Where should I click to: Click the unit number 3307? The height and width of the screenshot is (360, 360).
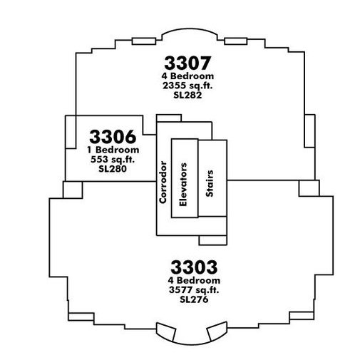click(187, 63)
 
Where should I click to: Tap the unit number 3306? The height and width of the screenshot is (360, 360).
click(113, 137)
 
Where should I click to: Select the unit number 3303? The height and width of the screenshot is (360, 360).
click(194, 267)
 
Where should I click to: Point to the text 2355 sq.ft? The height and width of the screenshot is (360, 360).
click(187, 86)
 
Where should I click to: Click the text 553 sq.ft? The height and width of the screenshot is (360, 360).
click(113, 159)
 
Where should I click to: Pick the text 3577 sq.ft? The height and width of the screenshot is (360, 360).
click(194, 290)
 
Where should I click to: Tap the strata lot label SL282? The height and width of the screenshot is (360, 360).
click(187, 95)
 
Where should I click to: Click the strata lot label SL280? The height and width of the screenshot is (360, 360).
click(113, 169)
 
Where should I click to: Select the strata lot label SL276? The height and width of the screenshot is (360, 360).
click(194, 299)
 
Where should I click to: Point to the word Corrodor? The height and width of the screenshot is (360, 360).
click(163, 182)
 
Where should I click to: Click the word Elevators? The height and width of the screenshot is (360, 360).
click(183, 185)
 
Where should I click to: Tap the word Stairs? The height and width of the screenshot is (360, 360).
click(210, 183)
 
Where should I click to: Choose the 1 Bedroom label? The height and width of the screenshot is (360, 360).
click(113, 150)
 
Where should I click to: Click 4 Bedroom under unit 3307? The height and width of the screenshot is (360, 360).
click(187, 76)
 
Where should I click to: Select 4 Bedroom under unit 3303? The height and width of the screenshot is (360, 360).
click(194, 280)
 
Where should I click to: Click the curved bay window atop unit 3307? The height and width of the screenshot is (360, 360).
click(190, 29)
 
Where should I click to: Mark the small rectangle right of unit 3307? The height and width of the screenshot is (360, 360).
click(309, 131)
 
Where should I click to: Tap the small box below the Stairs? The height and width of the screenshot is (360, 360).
click(212, 240)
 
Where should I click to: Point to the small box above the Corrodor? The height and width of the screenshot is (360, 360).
click(169, 118)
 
